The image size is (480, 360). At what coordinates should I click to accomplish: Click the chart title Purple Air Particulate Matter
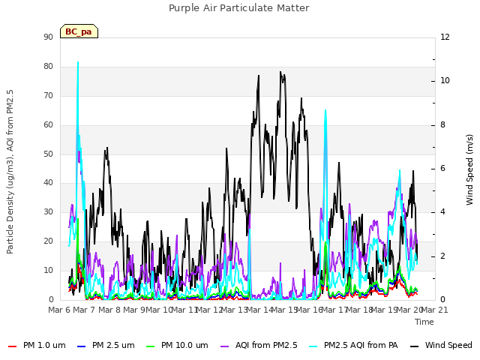(x=238, y=8)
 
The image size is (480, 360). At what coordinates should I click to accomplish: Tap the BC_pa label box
(x=79, y=31)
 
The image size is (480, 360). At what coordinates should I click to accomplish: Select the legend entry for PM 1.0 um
(x=37, y=345)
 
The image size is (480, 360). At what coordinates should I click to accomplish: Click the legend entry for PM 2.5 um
(x=106, y=345)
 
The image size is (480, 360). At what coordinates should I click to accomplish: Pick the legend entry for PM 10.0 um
(x=177, y=345)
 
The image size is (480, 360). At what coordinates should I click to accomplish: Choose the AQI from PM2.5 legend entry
(x=259, y=345)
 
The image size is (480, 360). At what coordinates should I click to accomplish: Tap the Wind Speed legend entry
(x=441, y=345)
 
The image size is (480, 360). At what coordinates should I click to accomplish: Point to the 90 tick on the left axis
(x=48, y=37)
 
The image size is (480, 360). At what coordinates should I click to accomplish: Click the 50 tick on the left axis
(x=48, y=154)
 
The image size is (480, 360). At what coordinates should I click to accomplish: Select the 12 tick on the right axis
(x=445, y=37)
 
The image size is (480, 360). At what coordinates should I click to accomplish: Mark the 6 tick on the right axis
(x=442, y=168)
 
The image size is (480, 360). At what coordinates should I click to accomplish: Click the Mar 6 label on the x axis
(x=59, y=310)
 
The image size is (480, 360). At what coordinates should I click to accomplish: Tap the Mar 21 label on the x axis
(x=435, y=310)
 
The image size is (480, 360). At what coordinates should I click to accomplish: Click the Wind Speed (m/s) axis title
(x=469, y=169)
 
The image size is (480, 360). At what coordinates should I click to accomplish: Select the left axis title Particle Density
(x=10, y=172)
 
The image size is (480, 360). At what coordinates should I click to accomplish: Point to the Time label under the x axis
(x=424, y=322)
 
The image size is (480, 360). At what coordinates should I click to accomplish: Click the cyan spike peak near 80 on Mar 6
(x=78, y=62)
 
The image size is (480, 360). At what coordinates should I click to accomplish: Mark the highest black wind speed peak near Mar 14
(x=280, y=72)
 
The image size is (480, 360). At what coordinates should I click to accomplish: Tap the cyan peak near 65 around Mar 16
(x=325, y=110)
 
